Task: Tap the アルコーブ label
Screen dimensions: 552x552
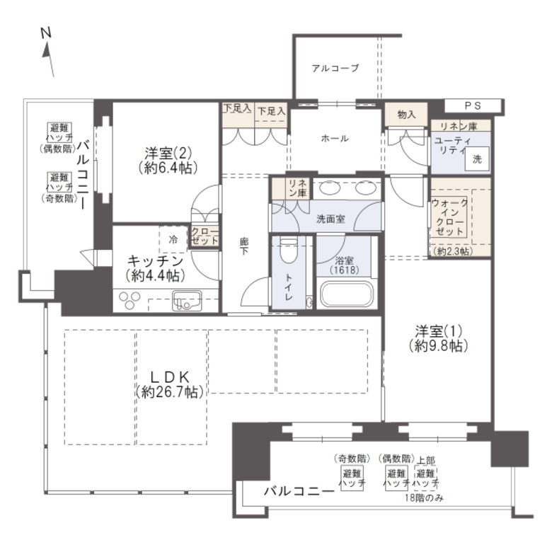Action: (x=335, y=68)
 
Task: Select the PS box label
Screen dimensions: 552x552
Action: (x=473, y=105)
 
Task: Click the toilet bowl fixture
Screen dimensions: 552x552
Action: (x=289, y=251)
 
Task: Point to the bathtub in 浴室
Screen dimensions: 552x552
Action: (x=346, y=294)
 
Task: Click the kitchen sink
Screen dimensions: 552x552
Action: (x=187, y=301)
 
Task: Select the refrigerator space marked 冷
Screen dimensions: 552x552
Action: (x=173, y=239)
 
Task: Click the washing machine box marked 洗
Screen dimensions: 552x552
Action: (x=477, y=159)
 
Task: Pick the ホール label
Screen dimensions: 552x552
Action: (x=335, y=138)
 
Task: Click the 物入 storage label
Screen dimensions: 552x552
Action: (x=406, y=115)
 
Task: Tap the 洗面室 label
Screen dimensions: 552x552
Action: (x=330, y=219)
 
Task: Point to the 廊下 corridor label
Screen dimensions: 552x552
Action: (x=244, y=246)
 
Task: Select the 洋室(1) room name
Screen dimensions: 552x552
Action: (x=438, y=331)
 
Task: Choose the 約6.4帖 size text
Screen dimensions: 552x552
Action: (x=168, y=168)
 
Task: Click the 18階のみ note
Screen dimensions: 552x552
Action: (x=424, y=498)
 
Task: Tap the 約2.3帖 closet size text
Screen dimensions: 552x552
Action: (x=453, y=251)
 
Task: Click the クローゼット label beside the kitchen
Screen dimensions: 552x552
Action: (x=205, y=236)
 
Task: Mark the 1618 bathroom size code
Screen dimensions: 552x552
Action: (x=345, y=270)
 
